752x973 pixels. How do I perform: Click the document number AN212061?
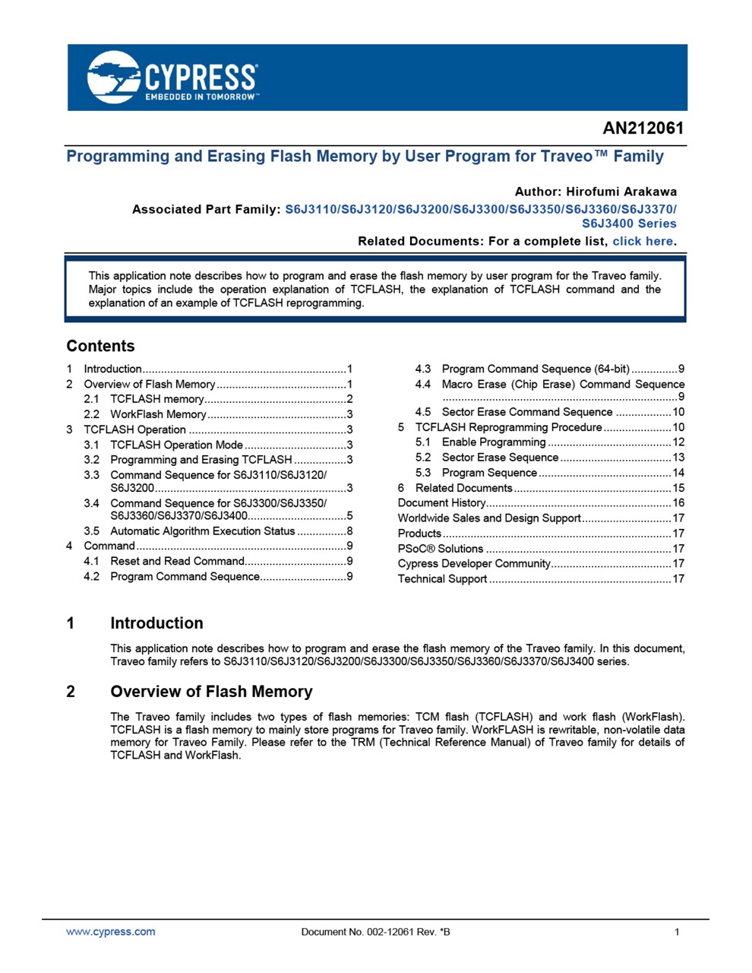[643, 128]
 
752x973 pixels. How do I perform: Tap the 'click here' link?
[643, 241]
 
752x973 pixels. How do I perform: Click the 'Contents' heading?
[100, 346]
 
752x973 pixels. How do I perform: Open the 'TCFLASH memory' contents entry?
[156, 399]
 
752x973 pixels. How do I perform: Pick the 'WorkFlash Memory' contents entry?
[158, 414]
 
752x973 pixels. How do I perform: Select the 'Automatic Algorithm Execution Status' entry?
[202, 531]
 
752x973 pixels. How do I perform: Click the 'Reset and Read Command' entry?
[177, 561]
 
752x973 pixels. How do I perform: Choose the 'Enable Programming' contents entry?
[494, 442]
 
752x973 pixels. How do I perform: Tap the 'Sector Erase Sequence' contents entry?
[500, 457]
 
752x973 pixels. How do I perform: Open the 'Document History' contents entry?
[441, 502]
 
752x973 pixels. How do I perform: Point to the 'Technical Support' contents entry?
[442, 578]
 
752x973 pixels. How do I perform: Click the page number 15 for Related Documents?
[678, 487]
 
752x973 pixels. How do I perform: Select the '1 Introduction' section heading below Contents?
[156, 623]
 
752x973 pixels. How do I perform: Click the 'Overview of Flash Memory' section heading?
[211, 692]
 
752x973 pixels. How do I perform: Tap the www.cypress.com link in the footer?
[111, 932]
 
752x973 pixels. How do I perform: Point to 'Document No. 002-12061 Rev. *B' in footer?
[375, 932]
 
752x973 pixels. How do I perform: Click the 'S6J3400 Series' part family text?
[629, 223]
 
